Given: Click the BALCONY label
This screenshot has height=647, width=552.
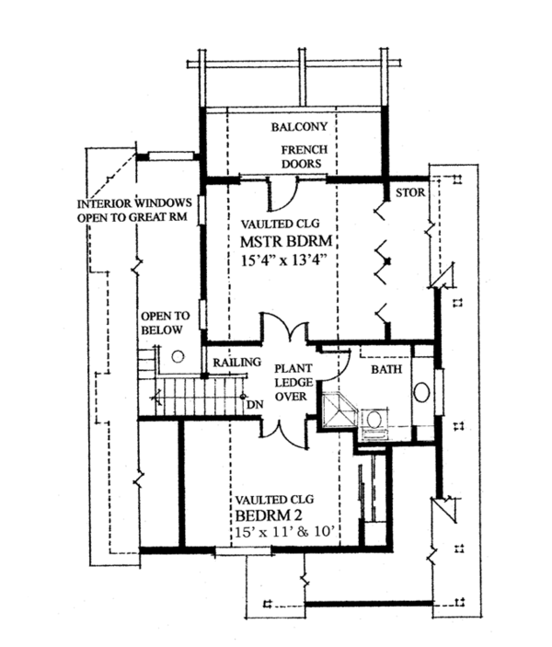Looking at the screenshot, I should (x=293, y=126).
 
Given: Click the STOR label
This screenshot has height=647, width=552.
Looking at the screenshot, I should (x=409, y=194).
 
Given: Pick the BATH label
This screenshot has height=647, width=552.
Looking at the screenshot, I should (x=385, y=369).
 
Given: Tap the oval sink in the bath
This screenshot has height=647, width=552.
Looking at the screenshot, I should (x=422, y=392).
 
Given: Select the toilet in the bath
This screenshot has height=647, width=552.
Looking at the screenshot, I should (x=374, y=420).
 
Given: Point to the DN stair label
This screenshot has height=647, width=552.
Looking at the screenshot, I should (x=254, y=402).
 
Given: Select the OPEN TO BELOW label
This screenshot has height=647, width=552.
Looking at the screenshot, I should (x=166, y=321).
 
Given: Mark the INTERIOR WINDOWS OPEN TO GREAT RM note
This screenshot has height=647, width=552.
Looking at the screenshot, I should (x=132, y=210).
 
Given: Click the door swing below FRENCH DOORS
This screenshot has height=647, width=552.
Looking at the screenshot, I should (x=282, y=192).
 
